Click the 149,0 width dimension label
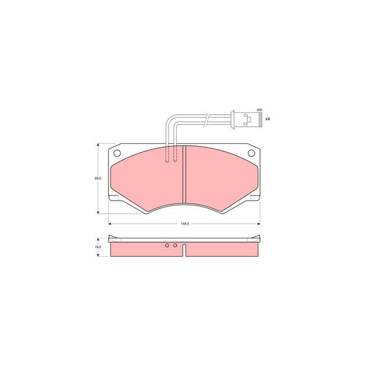point(184,224)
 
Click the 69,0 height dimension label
point(98,178)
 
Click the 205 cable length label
point(259,110)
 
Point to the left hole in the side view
point(166,245)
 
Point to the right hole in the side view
point(175,245)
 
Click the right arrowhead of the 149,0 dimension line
point(259,224)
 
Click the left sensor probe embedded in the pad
point(167,156)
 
